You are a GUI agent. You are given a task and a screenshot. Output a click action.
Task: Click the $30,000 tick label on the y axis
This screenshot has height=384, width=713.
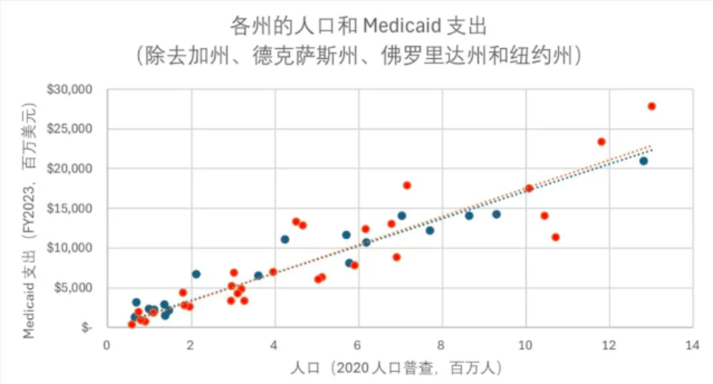click(x=71, y=90)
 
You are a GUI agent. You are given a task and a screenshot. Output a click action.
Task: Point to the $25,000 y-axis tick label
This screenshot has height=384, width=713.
click(x=71, y=129)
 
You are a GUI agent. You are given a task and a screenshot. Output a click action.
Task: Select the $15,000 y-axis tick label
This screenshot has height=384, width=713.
click(x=71, y=208)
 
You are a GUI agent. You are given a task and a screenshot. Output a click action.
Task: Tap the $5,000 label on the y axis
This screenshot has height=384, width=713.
click(x=74, y=288)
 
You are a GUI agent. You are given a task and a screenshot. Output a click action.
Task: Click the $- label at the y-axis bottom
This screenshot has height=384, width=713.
click(x=86, y=327)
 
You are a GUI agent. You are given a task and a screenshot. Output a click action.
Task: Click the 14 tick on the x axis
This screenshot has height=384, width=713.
click(x=692, y=345)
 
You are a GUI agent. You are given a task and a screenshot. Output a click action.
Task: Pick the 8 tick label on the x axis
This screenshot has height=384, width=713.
click(x=441, y=345)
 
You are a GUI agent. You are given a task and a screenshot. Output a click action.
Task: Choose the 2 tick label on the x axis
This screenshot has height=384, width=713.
click(x=190, y=345)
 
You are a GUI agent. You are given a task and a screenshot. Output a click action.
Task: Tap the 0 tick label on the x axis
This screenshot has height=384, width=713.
click(x=107, y=345)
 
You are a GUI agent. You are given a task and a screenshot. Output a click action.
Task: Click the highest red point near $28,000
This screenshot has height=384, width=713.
click(x=651, y=106)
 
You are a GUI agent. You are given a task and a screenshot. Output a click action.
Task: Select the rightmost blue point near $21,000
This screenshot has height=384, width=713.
click(x=643, y=161)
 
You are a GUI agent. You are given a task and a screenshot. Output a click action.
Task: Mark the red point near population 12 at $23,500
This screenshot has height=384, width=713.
click(x=601, y=141)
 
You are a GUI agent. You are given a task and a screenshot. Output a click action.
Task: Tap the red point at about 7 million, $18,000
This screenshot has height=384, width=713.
click(x=407, y=185)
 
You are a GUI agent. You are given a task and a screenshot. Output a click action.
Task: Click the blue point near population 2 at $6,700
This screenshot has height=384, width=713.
click(x=196, y=274)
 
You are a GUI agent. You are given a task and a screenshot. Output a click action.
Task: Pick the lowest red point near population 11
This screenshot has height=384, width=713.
click(x=555, y=237)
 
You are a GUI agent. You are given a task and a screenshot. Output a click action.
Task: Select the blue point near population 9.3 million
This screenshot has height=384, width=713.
click(x=496, y=214)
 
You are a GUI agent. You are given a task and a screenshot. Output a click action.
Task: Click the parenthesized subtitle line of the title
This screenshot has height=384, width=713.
click(x=356, y=56)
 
